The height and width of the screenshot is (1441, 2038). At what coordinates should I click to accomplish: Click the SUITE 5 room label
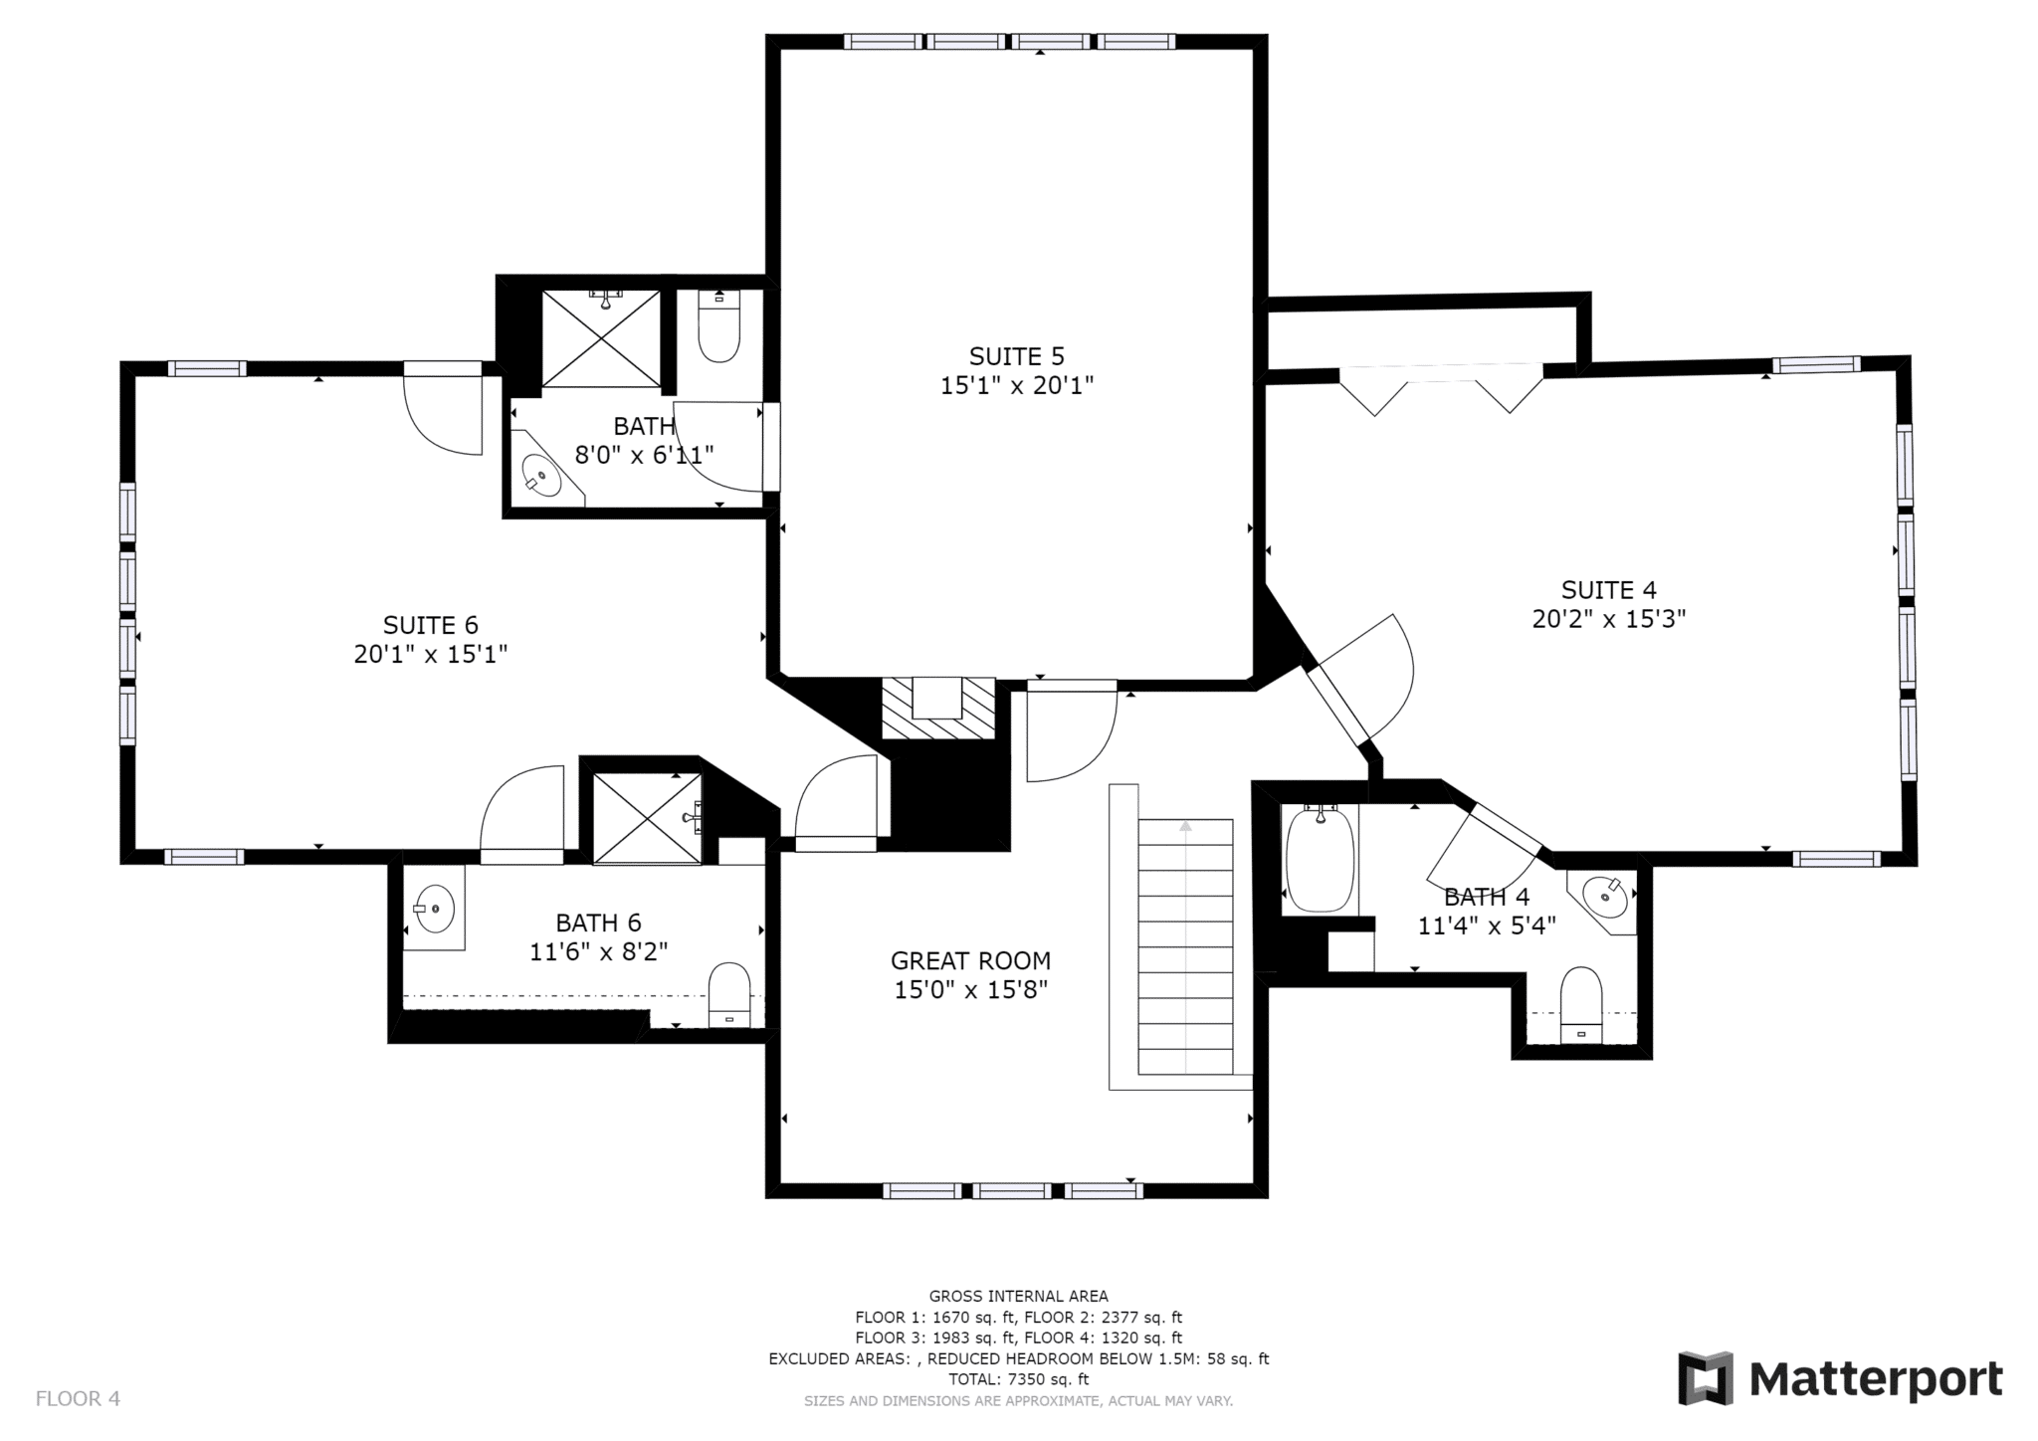(x=1017, y=356)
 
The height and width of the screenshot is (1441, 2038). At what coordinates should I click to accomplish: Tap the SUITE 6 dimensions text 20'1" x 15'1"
(x=431, y=655)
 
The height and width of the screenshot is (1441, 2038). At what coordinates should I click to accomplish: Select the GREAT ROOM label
(x=970, y=961)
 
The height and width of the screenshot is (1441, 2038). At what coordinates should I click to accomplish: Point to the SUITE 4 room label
(x=1608, y=590)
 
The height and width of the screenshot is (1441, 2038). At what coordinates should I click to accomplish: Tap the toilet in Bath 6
(x=728, y=994)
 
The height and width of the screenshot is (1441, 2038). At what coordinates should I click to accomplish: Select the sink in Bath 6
(x=434, y=908)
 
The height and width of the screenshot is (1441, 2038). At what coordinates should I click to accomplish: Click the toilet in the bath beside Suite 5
(x=718, y=326)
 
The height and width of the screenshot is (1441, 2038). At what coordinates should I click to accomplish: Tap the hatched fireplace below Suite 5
(x=938, y=709)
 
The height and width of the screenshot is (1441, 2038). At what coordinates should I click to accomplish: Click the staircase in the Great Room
(x=1184, y=946)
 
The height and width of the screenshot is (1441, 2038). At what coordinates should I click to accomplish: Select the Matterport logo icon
(x=1707, y=1378)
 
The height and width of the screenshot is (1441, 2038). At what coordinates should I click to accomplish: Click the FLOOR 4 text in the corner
(x=78, y=1398)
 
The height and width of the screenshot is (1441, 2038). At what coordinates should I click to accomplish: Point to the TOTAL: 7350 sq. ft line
(x=1018, y=1379)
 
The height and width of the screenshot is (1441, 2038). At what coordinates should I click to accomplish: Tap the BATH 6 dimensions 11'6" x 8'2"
(x=598, y=951)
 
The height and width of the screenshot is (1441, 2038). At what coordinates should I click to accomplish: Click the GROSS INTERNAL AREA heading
(x=1018, y=1296)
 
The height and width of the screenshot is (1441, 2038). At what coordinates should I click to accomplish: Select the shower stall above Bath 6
(x=648, y=819)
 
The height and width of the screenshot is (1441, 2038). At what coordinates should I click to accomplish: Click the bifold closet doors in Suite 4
(x=1442, y=390)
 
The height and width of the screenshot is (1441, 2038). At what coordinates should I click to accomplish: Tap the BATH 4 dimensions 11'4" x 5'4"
(x=1487, y=926)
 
